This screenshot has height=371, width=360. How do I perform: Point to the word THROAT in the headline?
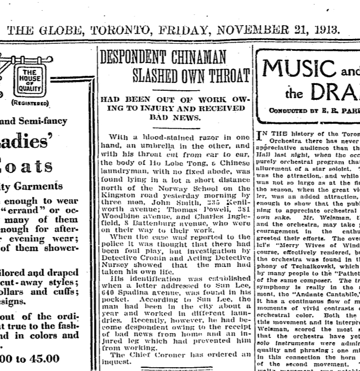click(226, 74)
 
